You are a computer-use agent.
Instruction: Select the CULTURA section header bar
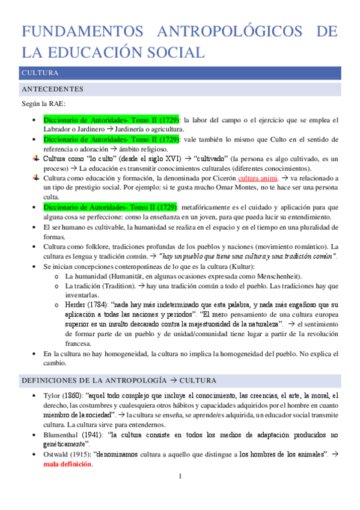[x=180, y=73]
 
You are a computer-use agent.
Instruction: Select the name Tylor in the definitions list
[x=52, y=396]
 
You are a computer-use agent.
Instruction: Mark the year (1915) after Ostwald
[x=87, y=454]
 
